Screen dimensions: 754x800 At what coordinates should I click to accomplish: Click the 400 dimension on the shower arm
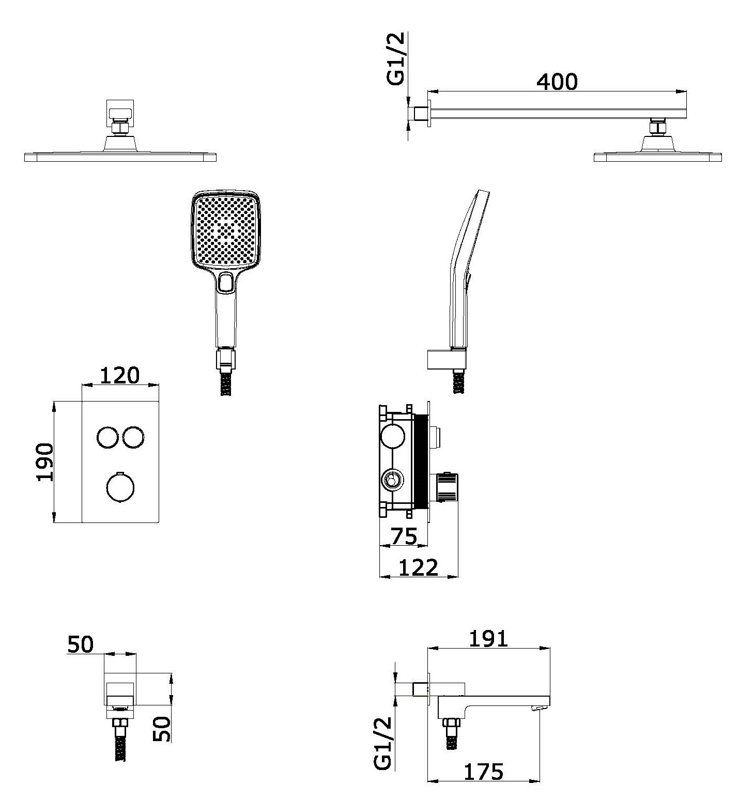[557, 82]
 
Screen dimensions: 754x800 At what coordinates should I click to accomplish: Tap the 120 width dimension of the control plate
[119, 375]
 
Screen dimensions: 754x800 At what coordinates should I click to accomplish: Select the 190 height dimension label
[45, 461]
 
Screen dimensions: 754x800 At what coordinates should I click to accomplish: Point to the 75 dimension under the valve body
[404, 536]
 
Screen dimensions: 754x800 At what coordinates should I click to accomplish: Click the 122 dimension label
[419, 567]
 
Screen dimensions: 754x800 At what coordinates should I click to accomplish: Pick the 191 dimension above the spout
[488, 638]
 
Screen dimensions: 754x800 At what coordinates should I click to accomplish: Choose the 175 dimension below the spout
[483, 772]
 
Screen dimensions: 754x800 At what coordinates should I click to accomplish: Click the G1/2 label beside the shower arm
[396, 58]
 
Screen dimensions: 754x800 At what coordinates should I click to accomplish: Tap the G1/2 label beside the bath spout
[383, 744]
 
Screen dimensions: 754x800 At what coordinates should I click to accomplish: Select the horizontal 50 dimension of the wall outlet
[80, 644]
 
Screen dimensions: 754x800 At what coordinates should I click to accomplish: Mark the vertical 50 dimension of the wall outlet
[162, 729]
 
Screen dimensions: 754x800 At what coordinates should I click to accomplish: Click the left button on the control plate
[107, 438]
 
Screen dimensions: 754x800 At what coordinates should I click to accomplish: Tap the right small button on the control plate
[134, 438]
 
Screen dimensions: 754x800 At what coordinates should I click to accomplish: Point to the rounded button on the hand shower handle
[225, 282]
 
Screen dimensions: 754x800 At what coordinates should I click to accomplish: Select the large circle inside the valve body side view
[393, 437]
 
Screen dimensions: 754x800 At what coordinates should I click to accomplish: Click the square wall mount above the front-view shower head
[120, 109]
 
